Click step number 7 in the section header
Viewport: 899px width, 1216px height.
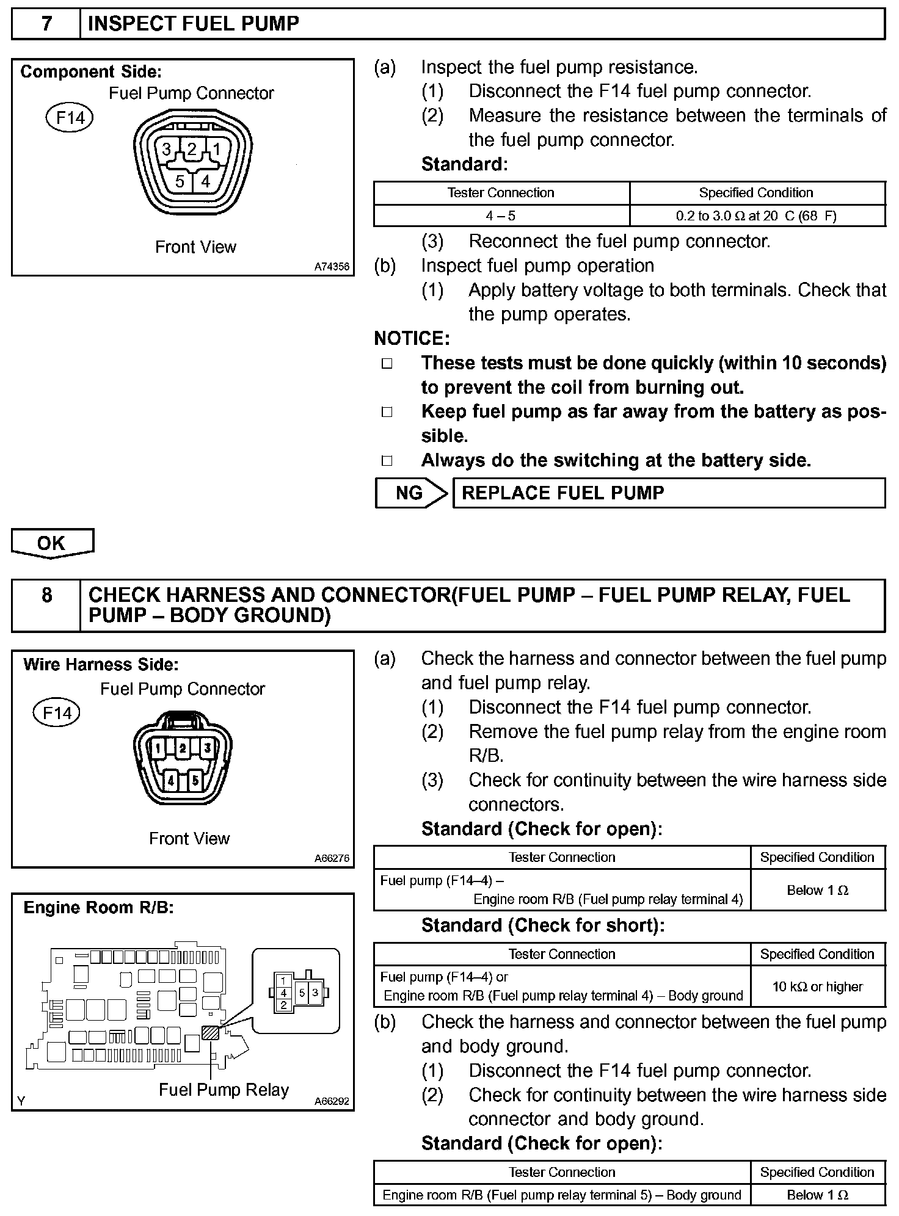point(46,24)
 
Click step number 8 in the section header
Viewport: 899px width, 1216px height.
point(46,595)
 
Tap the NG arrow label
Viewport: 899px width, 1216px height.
point(409,493)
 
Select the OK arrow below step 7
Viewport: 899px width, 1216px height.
point(51,543)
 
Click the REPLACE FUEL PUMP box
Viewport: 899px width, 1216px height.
point(668,493)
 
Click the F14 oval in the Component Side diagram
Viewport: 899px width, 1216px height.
point(70,117)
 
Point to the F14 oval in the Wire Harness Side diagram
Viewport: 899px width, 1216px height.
point(57,713)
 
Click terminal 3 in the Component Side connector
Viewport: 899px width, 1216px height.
point(166,149)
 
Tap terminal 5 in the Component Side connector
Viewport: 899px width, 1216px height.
point(180,181)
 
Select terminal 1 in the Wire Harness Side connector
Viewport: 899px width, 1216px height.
point(159,747)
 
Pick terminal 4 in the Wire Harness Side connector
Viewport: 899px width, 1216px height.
point(171,780)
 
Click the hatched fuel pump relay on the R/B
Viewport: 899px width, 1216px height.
point(210,1032)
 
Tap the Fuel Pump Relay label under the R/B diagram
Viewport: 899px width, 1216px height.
point(224,1090)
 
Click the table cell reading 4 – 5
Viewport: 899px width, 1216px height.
point(501,215)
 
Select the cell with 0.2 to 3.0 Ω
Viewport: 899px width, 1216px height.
point(756,215)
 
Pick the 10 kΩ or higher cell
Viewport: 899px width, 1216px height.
point(817,986)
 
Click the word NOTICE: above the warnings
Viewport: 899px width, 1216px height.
point(412,339)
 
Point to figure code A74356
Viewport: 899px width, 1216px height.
point(332,267)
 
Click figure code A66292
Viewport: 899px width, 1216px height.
point(332,1102)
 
